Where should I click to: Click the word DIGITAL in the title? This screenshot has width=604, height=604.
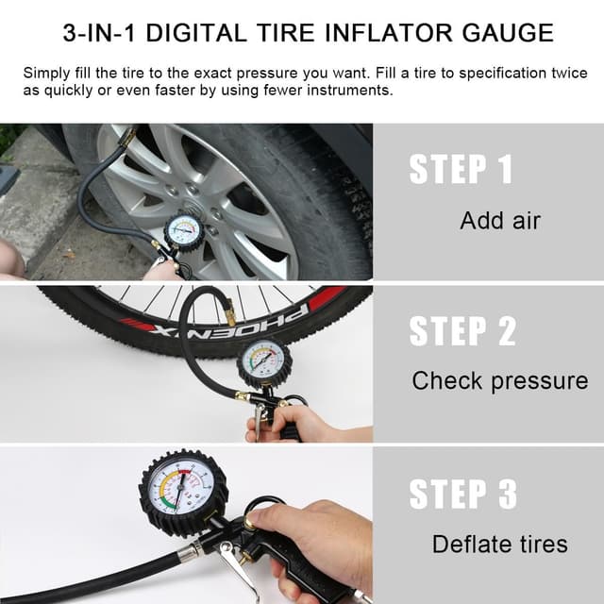tap(196, 33)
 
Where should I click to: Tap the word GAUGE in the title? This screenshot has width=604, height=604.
tap(508, 33)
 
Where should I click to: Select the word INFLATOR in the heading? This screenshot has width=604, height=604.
tap(389, 33)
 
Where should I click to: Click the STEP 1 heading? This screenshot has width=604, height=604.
tap(461, 169)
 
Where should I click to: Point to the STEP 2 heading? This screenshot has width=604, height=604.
tap(462, 331)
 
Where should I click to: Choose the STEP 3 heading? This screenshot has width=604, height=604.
tap(462, 495)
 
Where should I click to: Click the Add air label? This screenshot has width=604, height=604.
tap(500, 221)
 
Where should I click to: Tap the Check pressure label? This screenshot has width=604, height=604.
tap(500, 381)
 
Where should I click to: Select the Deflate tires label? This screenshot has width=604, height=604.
tap(500, 544)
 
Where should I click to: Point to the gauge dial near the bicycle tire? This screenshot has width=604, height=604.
tap(264, 362)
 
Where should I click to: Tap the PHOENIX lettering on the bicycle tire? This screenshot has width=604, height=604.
tap(231, 319)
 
